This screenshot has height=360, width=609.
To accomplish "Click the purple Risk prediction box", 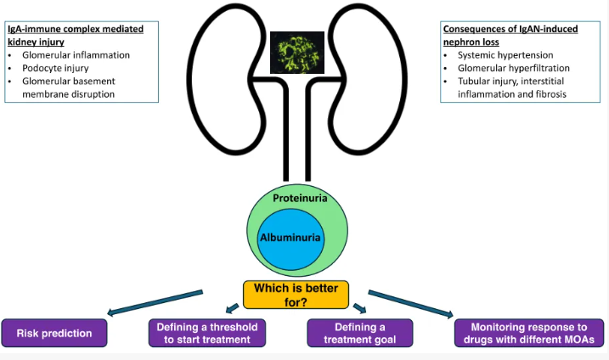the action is [x=54, y=333].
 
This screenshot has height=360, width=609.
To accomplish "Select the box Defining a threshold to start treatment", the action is [x=207, y=333].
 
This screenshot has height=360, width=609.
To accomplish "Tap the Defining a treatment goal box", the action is [x=359, y=333].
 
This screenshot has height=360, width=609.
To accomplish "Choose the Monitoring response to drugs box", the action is [x=529, y=333].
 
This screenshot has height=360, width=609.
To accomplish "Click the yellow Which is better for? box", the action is [x=296, y=295].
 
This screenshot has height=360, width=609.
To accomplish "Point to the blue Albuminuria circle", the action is [x=290, y=239].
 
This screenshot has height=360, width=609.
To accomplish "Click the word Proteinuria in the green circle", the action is [x=300, y=198].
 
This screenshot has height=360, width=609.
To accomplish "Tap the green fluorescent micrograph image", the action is [x=297, y=53].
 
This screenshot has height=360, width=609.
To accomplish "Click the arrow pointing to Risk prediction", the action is [x=155, y=302].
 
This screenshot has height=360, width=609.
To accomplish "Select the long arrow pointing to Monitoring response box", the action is [x=411, y=304].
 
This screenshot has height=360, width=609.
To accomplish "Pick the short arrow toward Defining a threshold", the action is [x=232, y=308].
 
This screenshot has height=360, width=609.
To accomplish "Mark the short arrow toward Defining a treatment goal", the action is [x=359, y=308].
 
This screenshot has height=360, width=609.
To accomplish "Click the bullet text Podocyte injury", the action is [x=55, y=68].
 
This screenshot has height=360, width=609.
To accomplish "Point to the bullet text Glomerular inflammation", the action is [x=76, y=54].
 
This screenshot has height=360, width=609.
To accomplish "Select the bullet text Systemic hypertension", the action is [x=505, y=54].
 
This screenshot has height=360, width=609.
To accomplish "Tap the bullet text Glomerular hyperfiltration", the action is [x=514, y=68].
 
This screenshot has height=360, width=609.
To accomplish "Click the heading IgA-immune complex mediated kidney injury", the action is [x=76, y=36].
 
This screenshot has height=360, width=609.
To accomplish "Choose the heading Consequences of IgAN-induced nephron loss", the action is [x=510, y=36].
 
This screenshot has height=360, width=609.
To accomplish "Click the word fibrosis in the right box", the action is [x=551, y=94].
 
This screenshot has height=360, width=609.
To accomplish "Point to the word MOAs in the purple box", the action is [x=579, y=340].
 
